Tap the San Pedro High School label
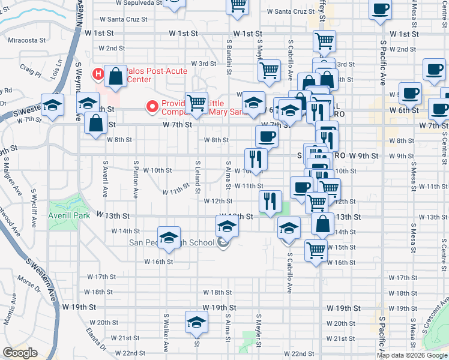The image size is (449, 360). [172, 242]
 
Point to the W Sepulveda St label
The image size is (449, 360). [134, 2]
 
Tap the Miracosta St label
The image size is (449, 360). [27, 41]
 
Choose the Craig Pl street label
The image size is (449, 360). [30, 76]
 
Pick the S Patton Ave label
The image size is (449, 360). [136, 179]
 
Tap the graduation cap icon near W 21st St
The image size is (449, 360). [196, 322]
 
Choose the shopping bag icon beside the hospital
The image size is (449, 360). [115, 76]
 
